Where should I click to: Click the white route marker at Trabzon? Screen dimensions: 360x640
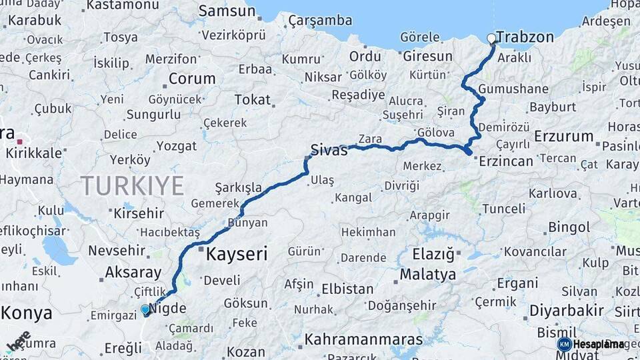coord(492,39)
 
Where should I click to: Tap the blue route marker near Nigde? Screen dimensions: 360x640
coord(145,309)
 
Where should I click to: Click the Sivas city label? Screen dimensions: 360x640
coord(329,151)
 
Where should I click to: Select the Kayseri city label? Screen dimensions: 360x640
coord(237,254)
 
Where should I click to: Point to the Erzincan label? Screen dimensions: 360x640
coord(507,161)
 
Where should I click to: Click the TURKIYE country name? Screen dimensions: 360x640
coord(132,185)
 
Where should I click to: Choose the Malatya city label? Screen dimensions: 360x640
coord(428,275)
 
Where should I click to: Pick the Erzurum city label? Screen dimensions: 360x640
coord(563,137)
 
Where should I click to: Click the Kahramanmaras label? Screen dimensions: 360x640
coord(363,339)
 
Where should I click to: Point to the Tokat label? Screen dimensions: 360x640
coord(253,100)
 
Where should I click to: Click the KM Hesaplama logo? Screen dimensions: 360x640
coord(591,344)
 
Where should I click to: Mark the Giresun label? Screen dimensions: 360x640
coord(427,57)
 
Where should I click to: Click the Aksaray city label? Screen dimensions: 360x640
coord(133,273)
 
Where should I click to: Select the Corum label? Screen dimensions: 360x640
coord(192,79)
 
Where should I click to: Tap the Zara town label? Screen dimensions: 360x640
coord(369,139)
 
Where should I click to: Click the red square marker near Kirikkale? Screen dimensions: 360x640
coord(21,141)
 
